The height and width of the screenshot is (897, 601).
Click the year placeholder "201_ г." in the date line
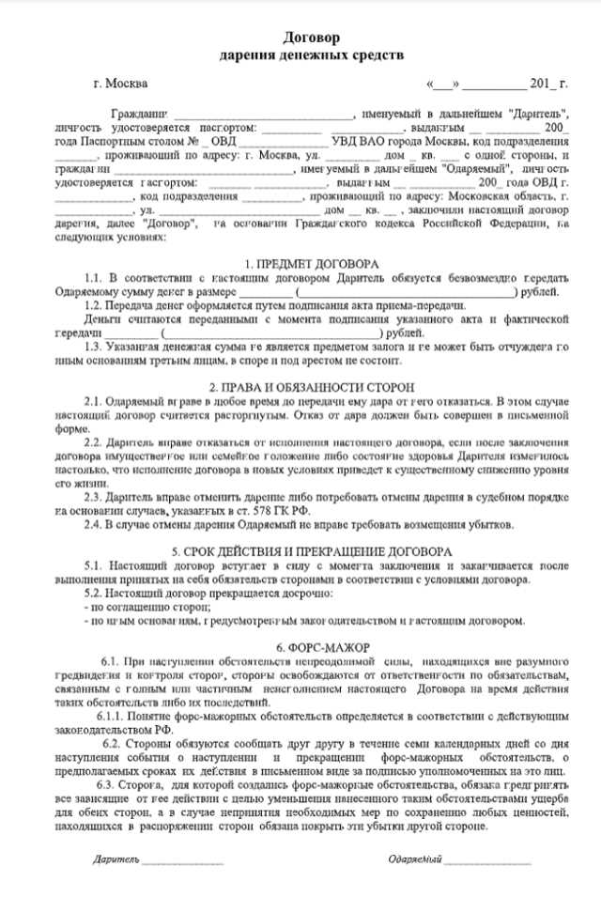tap(549, 85)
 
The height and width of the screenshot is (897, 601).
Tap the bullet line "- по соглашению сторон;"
tap(133, 607)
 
